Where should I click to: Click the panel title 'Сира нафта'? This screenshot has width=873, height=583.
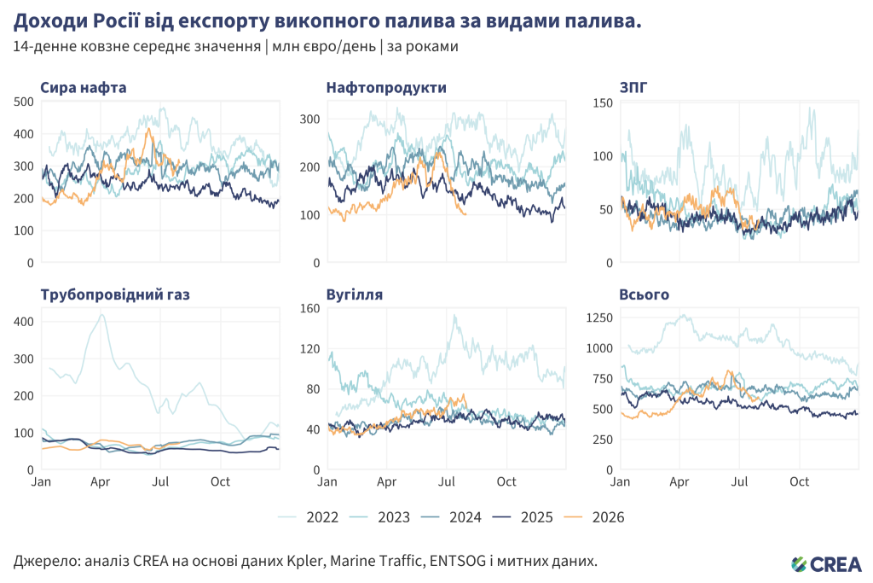(x=84, y=88)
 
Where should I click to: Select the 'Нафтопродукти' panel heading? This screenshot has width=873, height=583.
(x=386, y=88)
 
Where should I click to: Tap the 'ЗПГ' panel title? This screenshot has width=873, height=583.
(x=633, y=88)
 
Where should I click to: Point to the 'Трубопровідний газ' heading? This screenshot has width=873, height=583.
(x=115, y=294)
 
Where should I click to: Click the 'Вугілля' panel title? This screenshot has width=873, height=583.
(x=355, y=294)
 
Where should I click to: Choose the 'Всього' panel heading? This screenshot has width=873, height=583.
(x=645, y=294)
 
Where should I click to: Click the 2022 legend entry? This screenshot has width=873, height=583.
(x=308, y=517)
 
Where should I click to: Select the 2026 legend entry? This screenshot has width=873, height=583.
(x=594, y=517)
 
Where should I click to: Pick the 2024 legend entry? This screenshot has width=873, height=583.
(x=451, y=517)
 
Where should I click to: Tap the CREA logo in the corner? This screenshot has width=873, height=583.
(x=826, y=564)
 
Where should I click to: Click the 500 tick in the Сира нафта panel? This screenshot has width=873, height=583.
(x=24, y=102)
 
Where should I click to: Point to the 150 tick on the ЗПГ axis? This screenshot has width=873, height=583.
(x=603, y=102)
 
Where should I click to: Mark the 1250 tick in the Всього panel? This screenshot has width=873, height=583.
(x=599, y=318)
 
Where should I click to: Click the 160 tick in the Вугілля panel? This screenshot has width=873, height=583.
(x=310, y=308)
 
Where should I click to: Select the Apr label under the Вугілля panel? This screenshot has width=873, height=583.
(x=386, y=481)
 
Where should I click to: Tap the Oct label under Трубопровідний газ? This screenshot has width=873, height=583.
(x=221, y=481)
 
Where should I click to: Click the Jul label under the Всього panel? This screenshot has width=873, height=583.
(x=739, y=481)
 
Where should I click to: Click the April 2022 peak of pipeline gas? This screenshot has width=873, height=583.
(x=101, y=314)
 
